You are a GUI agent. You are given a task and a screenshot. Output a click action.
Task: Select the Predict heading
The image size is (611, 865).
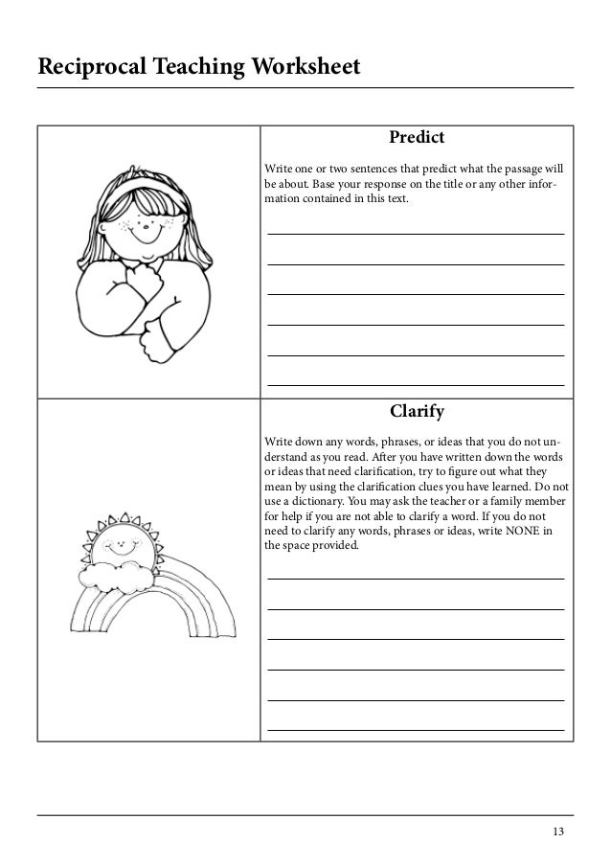416,138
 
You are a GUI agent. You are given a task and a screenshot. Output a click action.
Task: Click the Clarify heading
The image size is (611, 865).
416,412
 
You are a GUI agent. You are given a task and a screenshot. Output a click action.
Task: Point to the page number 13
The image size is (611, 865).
557,830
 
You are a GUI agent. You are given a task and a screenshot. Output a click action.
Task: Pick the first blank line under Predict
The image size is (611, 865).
416,234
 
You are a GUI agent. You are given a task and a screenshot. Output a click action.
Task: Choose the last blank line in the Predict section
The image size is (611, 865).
416,385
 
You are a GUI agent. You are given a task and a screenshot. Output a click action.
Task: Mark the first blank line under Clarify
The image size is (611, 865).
416,579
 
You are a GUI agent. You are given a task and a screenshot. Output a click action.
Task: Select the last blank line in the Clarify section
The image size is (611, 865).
416,729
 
